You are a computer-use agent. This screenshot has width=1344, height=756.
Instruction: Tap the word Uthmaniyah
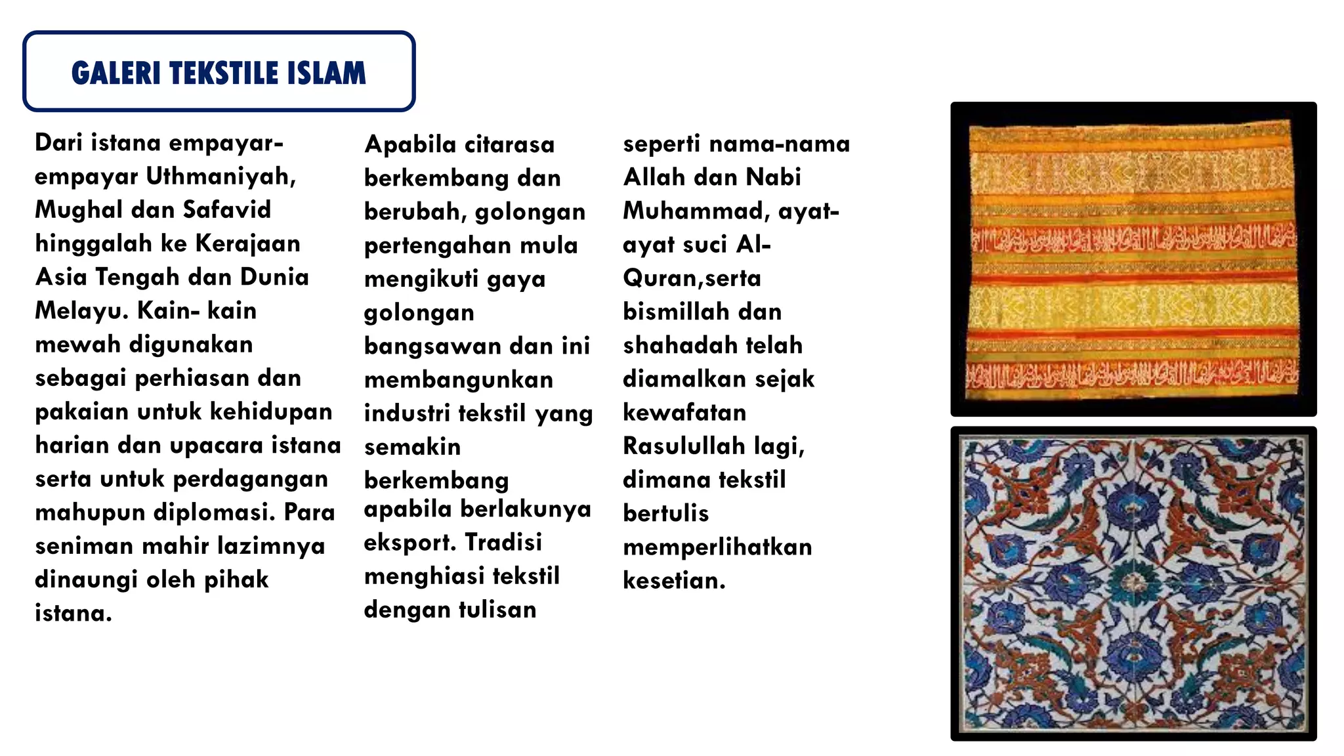click(220, 177)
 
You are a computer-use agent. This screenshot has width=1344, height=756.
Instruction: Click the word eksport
click(409, 543)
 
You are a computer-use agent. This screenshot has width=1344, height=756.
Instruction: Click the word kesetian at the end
click(674, 581)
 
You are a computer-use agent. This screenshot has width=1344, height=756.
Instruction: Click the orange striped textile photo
click(1133, 259)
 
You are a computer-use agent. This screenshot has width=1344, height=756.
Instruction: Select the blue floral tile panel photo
click(1133, 583)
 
